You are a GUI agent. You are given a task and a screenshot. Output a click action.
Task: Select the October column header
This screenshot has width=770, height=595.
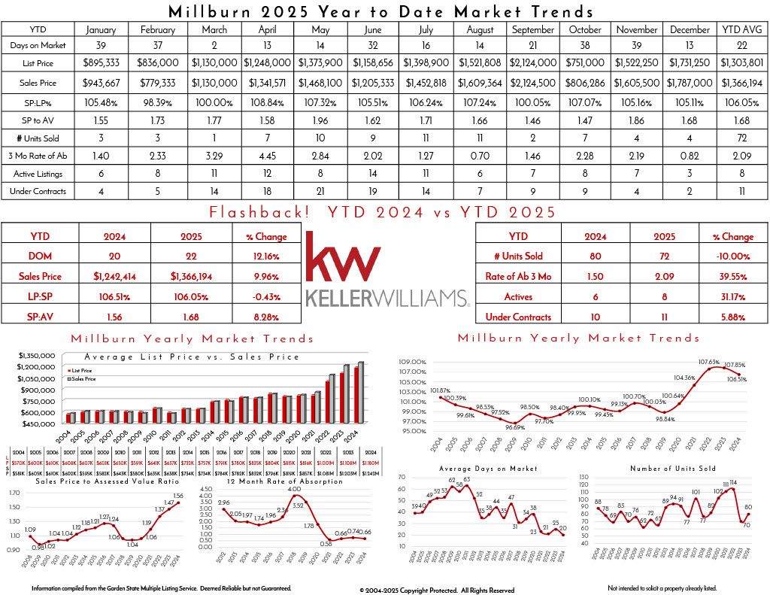(x=585, y=30)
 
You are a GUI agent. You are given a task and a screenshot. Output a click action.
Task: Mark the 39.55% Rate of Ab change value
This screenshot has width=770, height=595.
(x=737, y=277)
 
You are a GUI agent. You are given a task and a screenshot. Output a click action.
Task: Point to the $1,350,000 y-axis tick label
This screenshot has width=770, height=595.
(x=38, y=354)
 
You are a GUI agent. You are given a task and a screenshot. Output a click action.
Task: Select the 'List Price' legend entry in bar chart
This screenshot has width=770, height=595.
(x=80, y=371)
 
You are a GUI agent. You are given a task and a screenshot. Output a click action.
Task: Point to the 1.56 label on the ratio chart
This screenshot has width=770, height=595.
(x=178, y=496)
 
